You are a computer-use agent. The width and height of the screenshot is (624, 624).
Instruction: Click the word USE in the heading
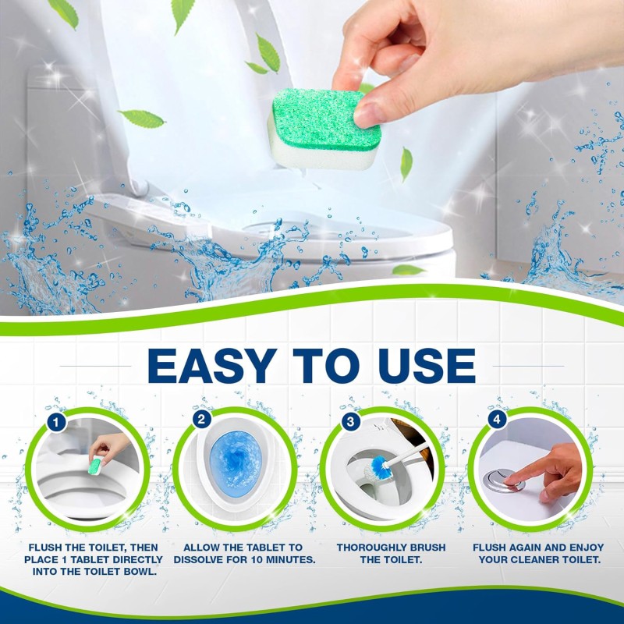(x=425, y=366)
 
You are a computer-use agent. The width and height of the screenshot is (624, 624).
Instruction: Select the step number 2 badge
(x=201, y=420)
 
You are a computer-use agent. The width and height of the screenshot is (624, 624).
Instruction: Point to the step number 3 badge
(x=350, y=420)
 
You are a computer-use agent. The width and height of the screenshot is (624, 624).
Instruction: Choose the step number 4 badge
(x=497, y=420)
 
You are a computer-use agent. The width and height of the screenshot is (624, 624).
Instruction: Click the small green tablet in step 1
(x=94, y=466)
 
